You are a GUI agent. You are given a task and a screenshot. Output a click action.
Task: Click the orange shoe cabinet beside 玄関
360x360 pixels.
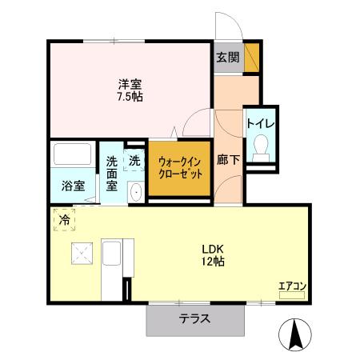(x=251, y=57)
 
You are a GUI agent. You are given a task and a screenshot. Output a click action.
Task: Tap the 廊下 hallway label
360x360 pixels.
(x=229, y=160)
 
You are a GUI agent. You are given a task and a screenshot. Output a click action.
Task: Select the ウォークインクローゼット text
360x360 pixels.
(x=179, y=166)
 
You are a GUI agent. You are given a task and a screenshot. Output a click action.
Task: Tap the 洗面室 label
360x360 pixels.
(x=112, y=173)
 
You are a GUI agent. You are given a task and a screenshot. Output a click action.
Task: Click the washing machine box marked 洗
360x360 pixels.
(x=134, y=158)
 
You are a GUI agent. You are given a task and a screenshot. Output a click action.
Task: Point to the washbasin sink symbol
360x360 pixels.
(x=134, y=191)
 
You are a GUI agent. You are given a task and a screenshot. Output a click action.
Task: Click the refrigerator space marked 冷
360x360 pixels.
(x=63, y=218)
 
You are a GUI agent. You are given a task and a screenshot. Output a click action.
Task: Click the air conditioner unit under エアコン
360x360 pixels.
(x=292, y=295)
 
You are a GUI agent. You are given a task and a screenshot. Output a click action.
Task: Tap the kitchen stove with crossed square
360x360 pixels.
(x=82, y=254)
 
